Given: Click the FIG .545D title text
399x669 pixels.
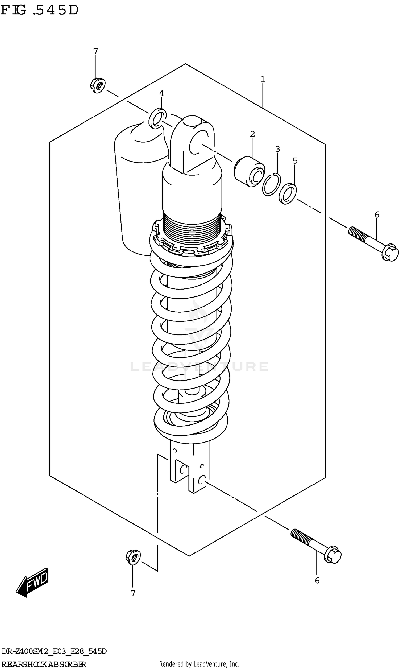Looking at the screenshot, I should point(40,10).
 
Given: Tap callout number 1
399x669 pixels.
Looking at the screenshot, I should point(263,79).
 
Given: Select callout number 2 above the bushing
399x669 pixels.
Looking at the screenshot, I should point(252,134).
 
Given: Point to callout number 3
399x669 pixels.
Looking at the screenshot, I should point(277,149).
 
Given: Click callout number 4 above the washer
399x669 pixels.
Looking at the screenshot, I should point(161,93).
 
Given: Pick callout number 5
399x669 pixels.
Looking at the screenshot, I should point(295,161).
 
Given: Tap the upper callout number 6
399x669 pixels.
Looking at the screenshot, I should point(377,214).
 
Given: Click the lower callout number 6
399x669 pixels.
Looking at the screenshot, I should point(317,581).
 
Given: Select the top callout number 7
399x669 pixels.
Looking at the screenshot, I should point(95,51).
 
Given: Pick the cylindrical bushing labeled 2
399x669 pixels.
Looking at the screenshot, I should point(249,172).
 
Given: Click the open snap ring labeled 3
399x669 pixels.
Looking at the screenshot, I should point(272,184).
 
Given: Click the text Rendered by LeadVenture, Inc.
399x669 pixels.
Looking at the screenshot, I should point(199,664).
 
